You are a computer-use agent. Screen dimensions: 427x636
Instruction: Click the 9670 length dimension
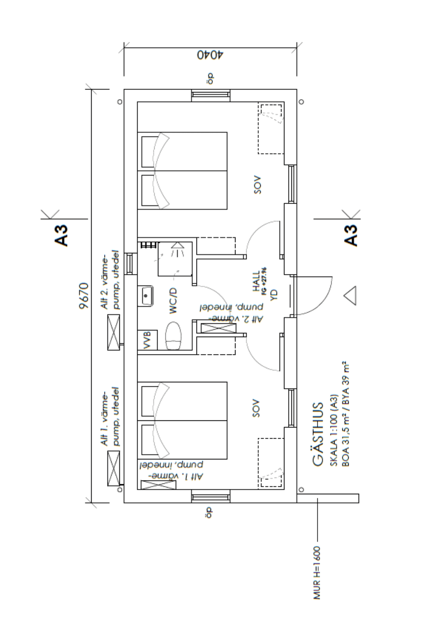coord(84,295)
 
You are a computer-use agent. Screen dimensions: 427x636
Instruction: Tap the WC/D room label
coord(173,301)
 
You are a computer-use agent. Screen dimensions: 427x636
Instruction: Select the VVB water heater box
coord(147,340)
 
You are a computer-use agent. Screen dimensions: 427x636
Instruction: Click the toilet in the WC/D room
coord(173,335)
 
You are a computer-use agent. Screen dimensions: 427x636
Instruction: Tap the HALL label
coord(256,282)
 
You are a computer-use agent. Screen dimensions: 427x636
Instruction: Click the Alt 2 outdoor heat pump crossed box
coord(114,332)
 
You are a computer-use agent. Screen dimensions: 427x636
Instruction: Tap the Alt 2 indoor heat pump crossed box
coord(218,328)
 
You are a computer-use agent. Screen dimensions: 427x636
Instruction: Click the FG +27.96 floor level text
coord(264,282)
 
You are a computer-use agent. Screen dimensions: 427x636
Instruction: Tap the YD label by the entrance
coord(274,295)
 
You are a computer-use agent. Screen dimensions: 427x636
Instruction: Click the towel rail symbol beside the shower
coord(148,245)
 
